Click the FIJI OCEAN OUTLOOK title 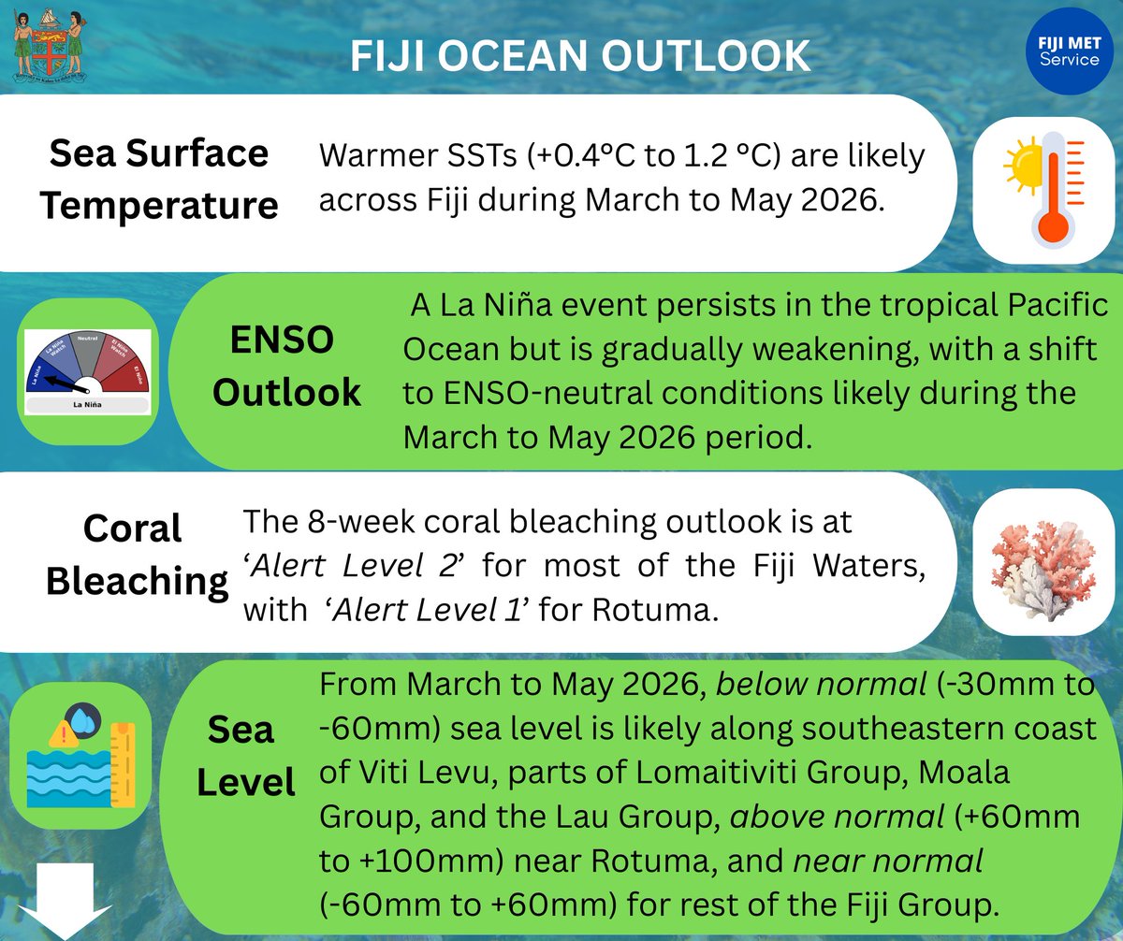580,57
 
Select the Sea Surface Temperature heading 159,179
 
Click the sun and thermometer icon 1042,187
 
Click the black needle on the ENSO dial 67,384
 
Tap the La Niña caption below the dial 87,405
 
